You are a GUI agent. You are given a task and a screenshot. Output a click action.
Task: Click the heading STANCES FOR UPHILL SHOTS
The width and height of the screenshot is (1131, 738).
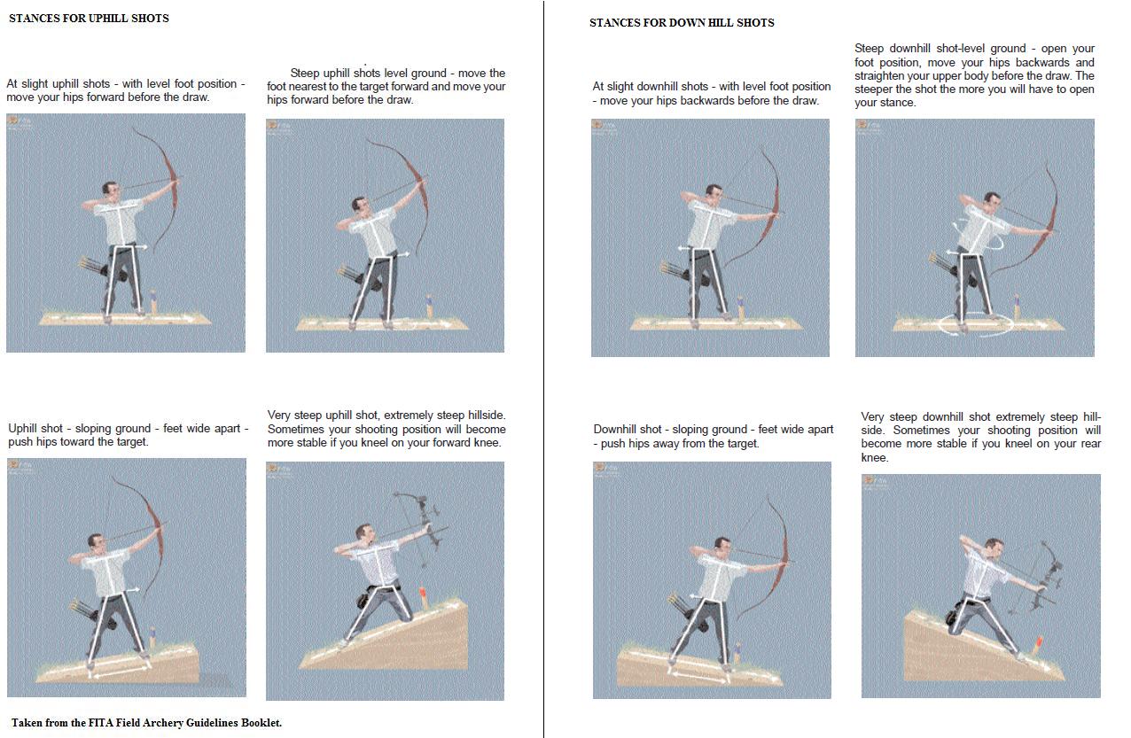(89, 19)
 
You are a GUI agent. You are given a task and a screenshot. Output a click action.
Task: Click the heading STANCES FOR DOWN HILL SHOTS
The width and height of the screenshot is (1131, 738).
(682, 23)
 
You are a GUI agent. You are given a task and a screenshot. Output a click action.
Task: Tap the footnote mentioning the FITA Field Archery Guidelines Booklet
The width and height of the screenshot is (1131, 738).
(146, 722)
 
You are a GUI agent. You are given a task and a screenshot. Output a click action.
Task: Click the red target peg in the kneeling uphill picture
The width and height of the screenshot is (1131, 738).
(423, 597)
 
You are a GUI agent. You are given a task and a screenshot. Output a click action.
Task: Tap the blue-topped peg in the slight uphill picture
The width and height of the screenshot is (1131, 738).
(153, 303)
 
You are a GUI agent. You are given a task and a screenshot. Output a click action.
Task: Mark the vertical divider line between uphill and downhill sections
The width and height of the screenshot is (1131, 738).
(544, 369)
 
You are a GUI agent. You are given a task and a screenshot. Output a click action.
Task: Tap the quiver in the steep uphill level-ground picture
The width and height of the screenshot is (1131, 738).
(349, 276)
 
